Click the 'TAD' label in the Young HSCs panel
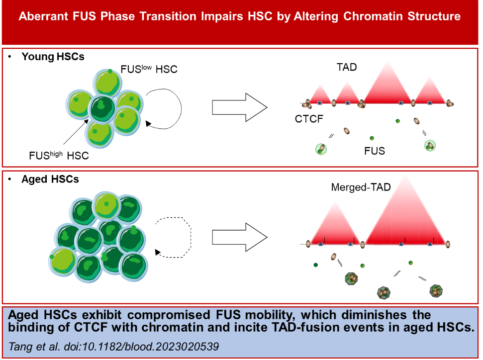(347, 67)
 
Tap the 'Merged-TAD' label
(361, 187)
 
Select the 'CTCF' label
(309, 119)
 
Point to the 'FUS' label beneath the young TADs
(375, 151)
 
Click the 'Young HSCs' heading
(53, 57)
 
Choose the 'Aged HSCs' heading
(50, 179)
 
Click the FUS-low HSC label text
(149, 69)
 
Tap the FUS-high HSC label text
(59, 155)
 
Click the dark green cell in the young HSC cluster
(101, 109)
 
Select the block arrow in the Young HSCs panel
(239, 107)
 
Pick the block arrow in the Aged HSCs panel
(239, 237)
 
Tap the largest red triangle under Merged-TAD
(405, 216)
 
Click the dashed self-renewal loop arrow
(191, 237)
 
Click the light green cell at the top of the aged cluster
(106, 205)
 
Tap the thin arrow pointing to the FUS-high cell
(76, 132)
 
